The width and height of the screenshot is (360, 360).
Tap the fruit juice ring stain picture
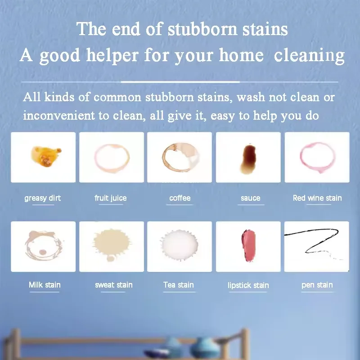[112, 157]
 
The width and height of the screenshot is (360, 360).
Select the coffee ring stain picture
[180, 157]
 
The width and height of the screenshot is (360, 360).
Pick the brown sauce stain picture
[248, 157]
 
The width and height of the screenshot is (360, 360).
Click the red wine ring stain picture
[317, 157]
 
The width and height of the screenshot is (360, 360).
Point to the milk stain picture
[43, 247]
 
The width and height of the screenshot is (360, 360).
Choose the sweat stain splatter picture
[112, 247]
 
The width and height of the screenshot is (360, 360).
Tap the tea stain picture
[180, 247]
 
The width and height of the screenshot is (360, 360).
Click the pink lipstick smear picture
[248, 247]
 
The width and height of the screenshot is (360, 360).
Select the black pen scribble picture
[317, 247]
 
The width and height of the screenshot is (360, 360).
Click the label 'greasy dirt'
[43, 198]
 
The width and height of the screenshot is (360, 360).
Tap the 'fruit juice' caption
[111, 198]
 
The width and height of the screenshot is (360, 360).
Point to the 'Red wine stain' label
[317, 198]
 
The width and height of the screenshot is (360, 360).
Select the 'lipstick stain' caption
[248, 285]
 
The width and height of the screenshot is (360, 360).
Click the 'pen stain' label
[317, 285]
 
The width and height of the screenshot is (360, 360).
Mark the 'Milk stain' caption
[45, 285]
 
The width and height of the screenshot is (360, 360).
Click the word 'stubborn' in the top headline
[202, 30]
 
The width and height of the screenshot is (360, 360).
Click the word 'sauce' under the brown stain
[251, 198]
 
